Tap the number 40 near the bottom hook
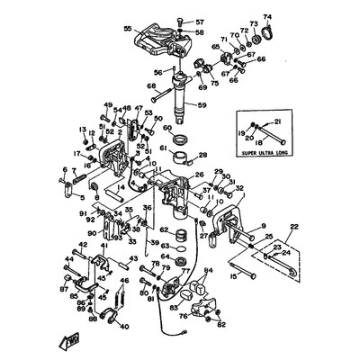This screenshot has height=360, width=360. tap(124, 327)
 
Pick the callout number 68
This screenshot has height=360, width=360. tap(151, 86)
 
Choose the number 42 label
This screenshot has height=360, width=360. tap(81, 244)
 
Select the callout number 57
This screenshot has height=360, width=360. tap(200, 20)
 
